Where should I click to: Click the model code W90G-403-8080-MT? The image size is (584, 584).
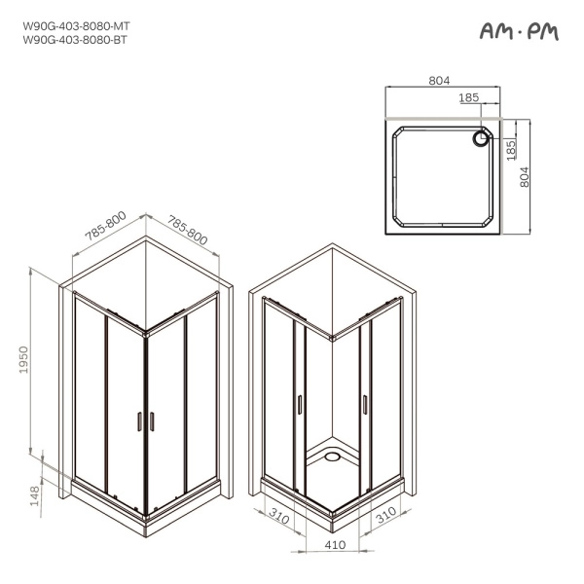pyautogui.click(x=76, y=26)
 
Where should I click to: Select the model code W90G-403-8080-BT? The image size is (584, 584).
pyautogui.click(x=75, y=40)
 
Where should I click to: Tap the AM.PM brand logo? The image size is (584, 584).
pyautogui.click(x=519, y=31)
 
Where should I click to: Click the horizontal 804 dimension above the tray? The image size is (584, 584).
pyautogui.click(x=439, y=81)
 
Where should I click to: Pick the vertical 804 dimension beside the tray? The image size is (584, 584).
pyautogui.click(x=524, y=177)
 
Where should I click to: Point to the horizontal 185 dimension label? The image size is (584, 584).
pyautogui.click(x=468, y=97)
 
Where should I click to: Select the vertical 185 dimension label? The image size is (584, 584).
pyautogui.click(x=511, y=150)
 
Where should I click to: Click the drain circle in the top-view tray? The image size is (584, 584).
pyautogui.click(x=481, y=139)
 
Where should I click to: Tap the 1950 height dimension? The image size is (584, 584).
pyautogui.click(x=23, y=360)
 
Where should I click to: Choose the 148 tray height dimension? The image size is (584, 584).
pyautogui.click(x=34, y=495)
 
